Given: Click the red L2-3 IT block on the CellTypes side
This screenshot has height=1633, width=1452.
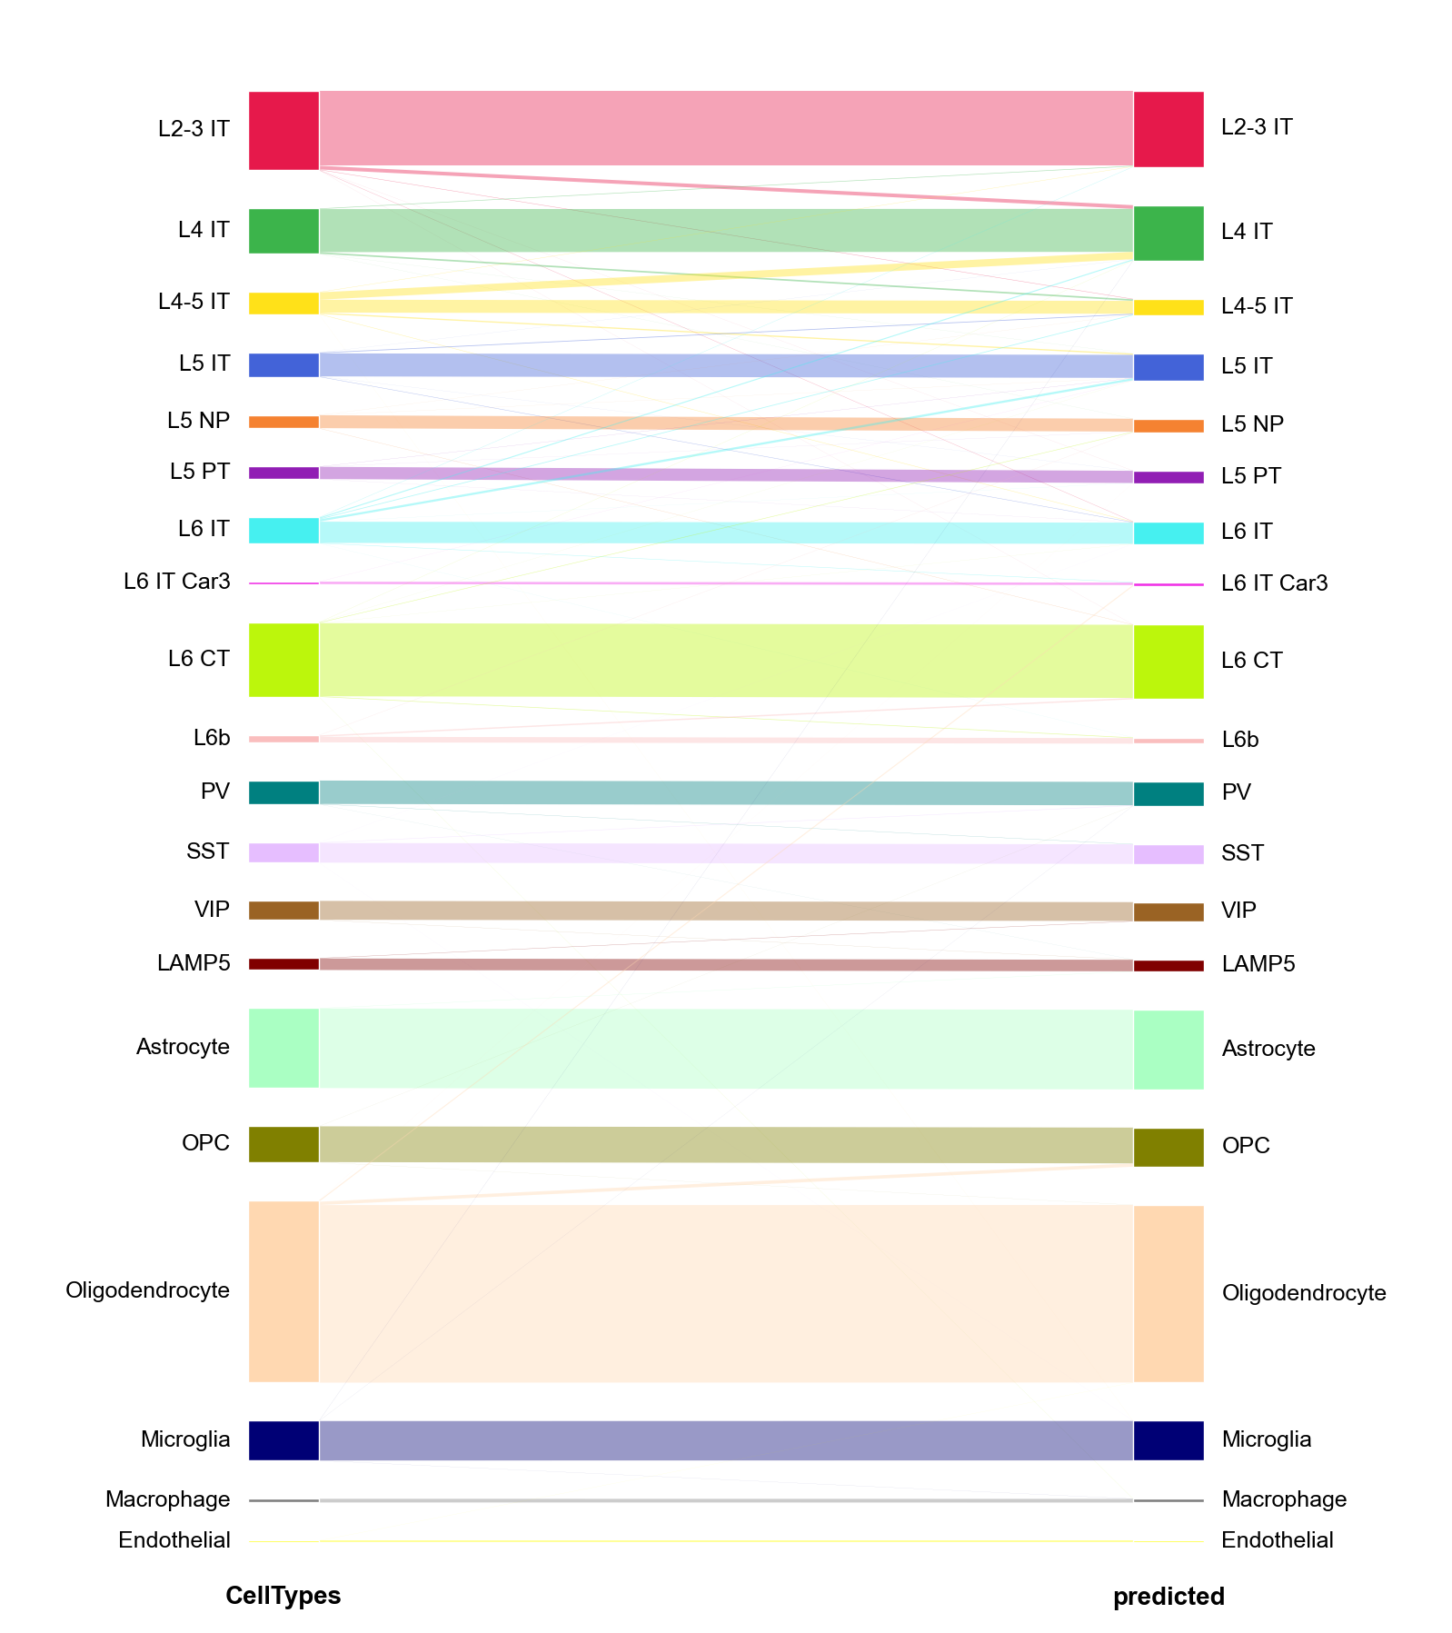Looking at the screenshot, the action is point(283,130).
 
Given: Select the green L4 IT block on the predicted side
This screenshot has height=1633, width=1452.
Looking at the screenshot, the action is point(1169,234).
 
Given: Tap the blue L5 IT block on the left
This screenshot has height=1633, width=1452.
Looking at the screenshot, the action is point(283,365).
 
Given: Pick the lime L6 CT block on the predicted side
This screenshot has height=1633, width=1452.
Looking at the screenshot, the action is point(1169,662).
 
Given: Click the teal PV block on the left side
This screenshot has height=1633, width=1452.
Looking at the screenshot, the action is point(283,792).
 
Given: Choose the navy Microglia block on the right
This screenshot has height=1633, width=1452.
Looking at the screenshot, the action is point(1169,1440).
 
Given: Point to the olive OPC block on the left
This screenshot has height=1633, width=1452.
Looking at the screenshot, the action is point(283,1144).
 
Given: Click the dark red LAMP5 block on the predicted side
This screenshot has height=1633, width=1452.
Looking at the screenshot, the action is point(1169,966).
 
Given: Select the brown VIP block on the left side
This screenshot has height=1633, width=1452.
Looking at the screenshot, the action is point(283,911).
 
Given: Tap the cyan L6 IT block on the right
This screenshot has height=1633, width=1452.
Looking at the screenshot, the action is point(1169,533).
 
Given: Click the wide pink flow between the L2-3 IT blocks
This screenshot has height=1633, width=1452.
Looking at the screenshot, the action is point(726,128).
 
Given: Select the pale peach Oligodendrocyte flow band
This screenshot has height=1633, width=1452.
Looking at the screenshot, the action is point(726,1292).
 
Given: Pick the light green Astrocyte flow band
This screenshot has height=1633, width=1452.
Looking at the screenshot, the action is point(726,1049).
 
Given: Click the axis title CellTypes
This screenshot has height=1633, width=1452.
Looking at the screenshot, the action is point(283,1595).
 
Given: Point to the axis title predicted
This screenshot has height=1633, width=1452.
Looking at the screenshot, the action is point(1169,1596).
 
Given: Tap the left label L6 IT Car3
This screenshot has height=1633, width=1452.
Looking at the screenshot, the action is point(177,582).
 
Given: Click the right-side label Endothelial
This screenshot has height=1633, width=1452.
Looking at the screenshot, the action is point(1277,1539).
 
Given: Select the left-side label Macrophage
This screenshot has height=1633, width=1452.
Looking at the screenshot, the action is point(168,1499).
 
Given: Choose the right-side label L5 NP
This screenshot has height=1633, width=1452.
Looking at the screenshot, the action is point(1252,423).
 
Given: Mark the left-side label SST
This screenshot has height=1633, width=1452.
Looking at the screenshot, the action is point(208,851).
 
